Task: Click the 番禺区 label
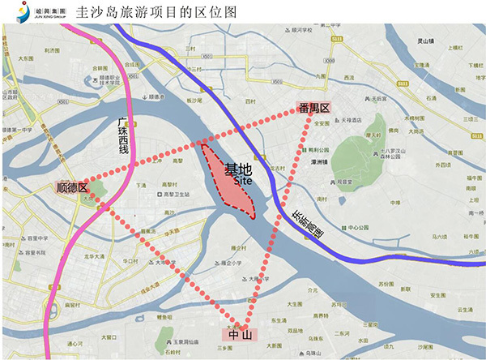tap(313, 108)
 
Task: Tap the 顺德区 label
tap(72, 186)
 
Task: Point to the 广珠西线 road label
tap(124, 136)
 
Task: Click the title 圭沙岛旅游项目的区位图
tap(156, 13)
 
